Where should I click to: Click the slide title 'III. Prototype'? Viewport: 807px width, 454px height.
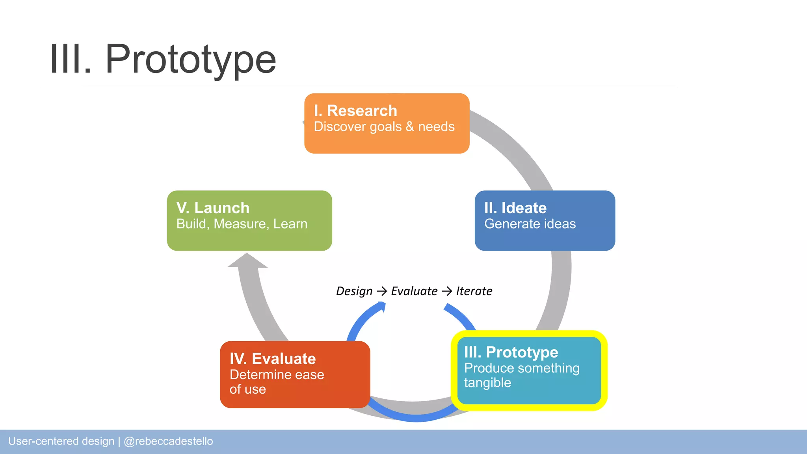(x=163, y=59)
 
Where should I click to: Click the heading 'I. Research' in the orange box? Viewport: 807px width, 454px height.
(x=355, y=111)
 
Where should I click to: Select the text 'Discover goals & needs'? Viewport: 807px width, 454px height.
(x=384, y=127)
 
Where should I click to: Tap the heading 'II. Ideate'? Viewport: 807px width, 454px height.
(x=515, y=208)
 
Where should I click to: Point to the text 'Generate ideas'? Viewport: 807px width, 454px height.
(x=530, y=224)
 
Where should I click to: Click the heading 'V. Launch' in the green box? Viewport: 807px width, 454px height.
(x=213, y=208)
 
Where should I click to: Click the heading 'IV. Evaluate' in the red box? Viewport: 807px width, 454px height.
(x=273, y=359)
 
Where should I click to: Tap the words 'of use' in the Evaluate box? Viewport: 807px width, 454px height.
(x=247, y=389)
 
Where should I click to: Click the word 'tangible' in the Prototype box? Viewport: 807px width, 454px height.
(x=487, y=383)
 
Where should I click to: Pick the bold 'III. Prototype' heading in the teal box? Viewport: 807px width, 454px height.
(x=511, y=352)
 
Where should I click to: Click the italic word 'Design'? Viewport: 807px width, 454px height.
(x=354, y=291)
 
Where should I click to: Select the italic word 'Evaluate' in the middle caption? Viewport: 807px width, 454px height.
(x=414, y=291)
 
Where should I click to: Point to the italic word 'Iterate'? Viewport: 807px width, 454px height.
(x=474, y=291)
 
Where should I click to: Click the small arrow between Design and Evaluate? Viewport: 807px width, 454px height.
(x=381, y=291)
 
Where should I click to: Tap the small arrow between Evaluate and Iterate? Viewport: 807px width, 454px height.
(x=446, y=291)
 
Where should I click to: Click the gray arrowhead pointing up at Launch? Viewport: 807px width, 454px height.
(x=247, y=261)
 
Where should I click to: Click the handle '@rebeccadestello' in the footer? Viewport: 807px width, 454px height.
(x=168, y=441)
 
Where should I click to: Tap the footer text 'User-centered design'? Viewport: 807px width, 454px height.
(x=61, y=441)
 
